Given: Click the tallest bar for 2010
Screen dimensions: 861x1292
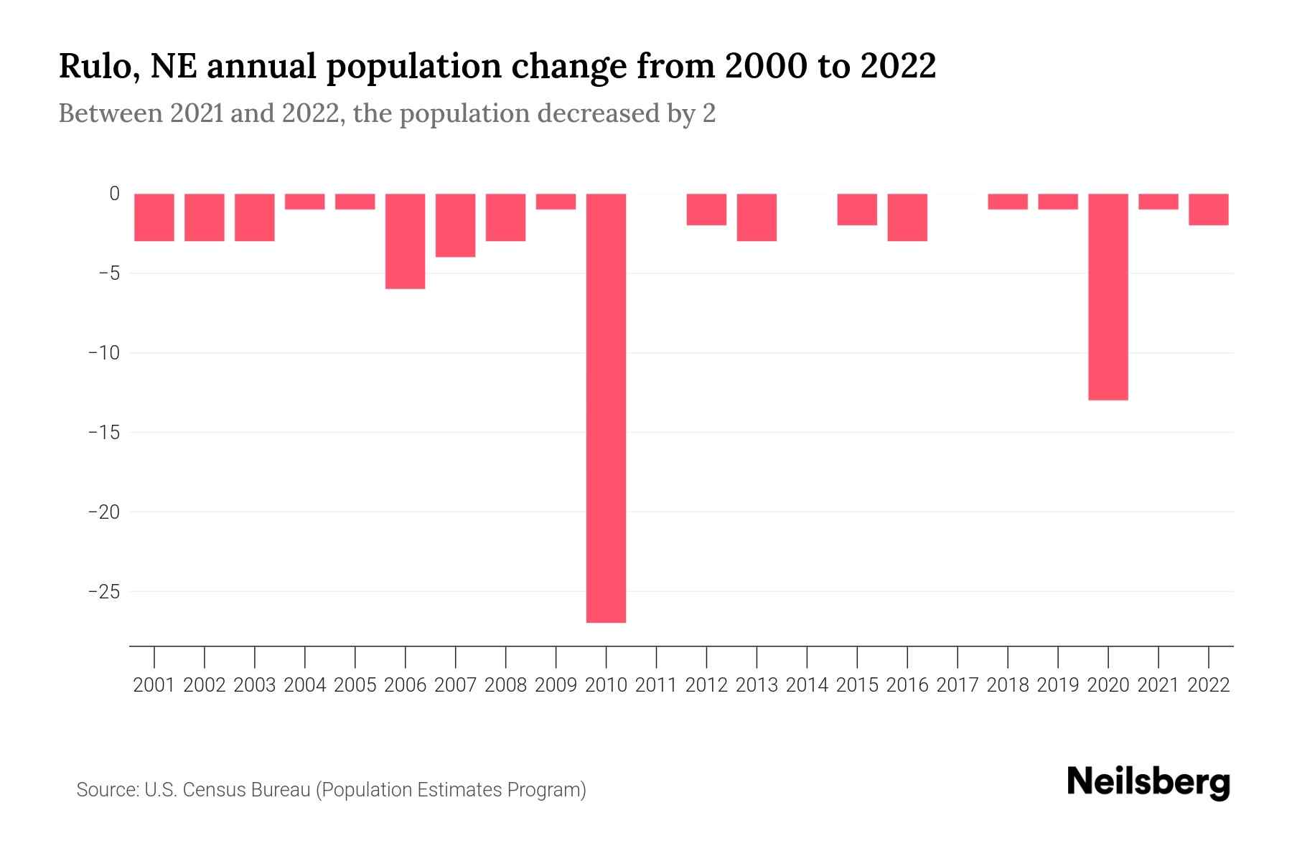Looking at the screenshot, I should [606, 408].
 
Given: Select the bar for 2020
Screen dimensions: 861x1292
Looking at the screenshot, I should [1108, 296].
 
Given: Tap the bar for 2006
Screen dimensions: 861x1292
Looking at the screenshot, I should [405, 241].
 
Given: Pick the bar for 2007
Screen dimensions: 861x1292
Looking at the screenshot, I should [455, 225].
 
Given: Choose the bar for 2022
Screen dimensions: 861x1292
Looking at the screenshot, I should [1208, 210].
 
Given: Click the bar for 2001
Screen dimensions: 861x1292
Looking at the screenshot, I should [154, 217].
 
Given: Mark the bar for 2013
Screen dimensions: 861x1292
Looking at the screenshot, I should [757, 217].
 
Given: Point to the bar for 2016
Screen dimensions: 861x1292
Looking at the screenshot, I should [907, 217].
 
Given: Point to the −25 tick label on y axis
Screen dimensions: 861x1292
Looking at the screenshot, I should [103, 592].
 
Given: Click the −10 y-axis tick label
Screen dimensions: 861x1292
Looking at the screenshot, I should [103, 353].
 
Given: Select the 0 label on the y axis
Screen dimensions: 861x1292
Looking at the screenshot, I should [114, 194].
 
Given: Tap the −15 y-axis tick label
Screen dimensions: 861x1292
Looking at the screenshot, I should [103, 433].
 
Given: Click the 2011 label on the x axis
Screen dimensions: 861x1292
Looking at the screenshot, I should [656, 685].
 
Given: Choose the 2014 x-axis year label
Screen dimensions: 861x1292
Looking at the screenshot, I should [807, 685].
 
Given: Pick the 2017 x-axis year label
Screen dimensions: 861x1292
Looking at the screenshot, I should [958, 685].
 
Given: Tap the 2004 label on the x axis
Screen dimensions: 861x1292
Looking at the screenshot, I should [305, 685].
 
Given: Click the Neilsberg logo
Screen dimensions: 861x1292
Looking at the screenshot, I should [1148, 783].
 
